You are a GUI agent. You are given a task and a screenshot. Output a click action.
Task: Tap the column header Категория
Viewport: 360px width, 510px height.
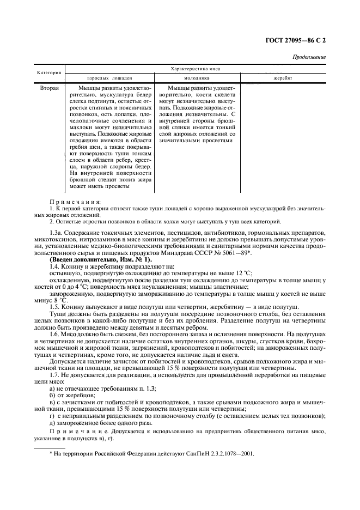click(49, 73)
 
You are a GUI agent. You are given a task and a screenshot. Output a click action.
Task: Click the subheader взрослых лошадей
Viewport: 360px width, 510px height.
click(109, 78)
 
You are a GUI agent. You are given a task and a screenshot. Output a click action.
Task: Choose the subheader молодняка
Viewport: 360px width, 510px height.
click(194, 78)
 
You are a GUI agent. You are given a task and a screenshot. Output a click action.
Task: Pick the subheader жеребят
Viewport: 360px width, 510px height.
click(283, 78)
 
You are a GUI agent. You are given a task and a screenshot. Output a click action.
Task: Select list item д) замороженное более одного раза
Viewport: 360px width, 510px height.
click(93, 423)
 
